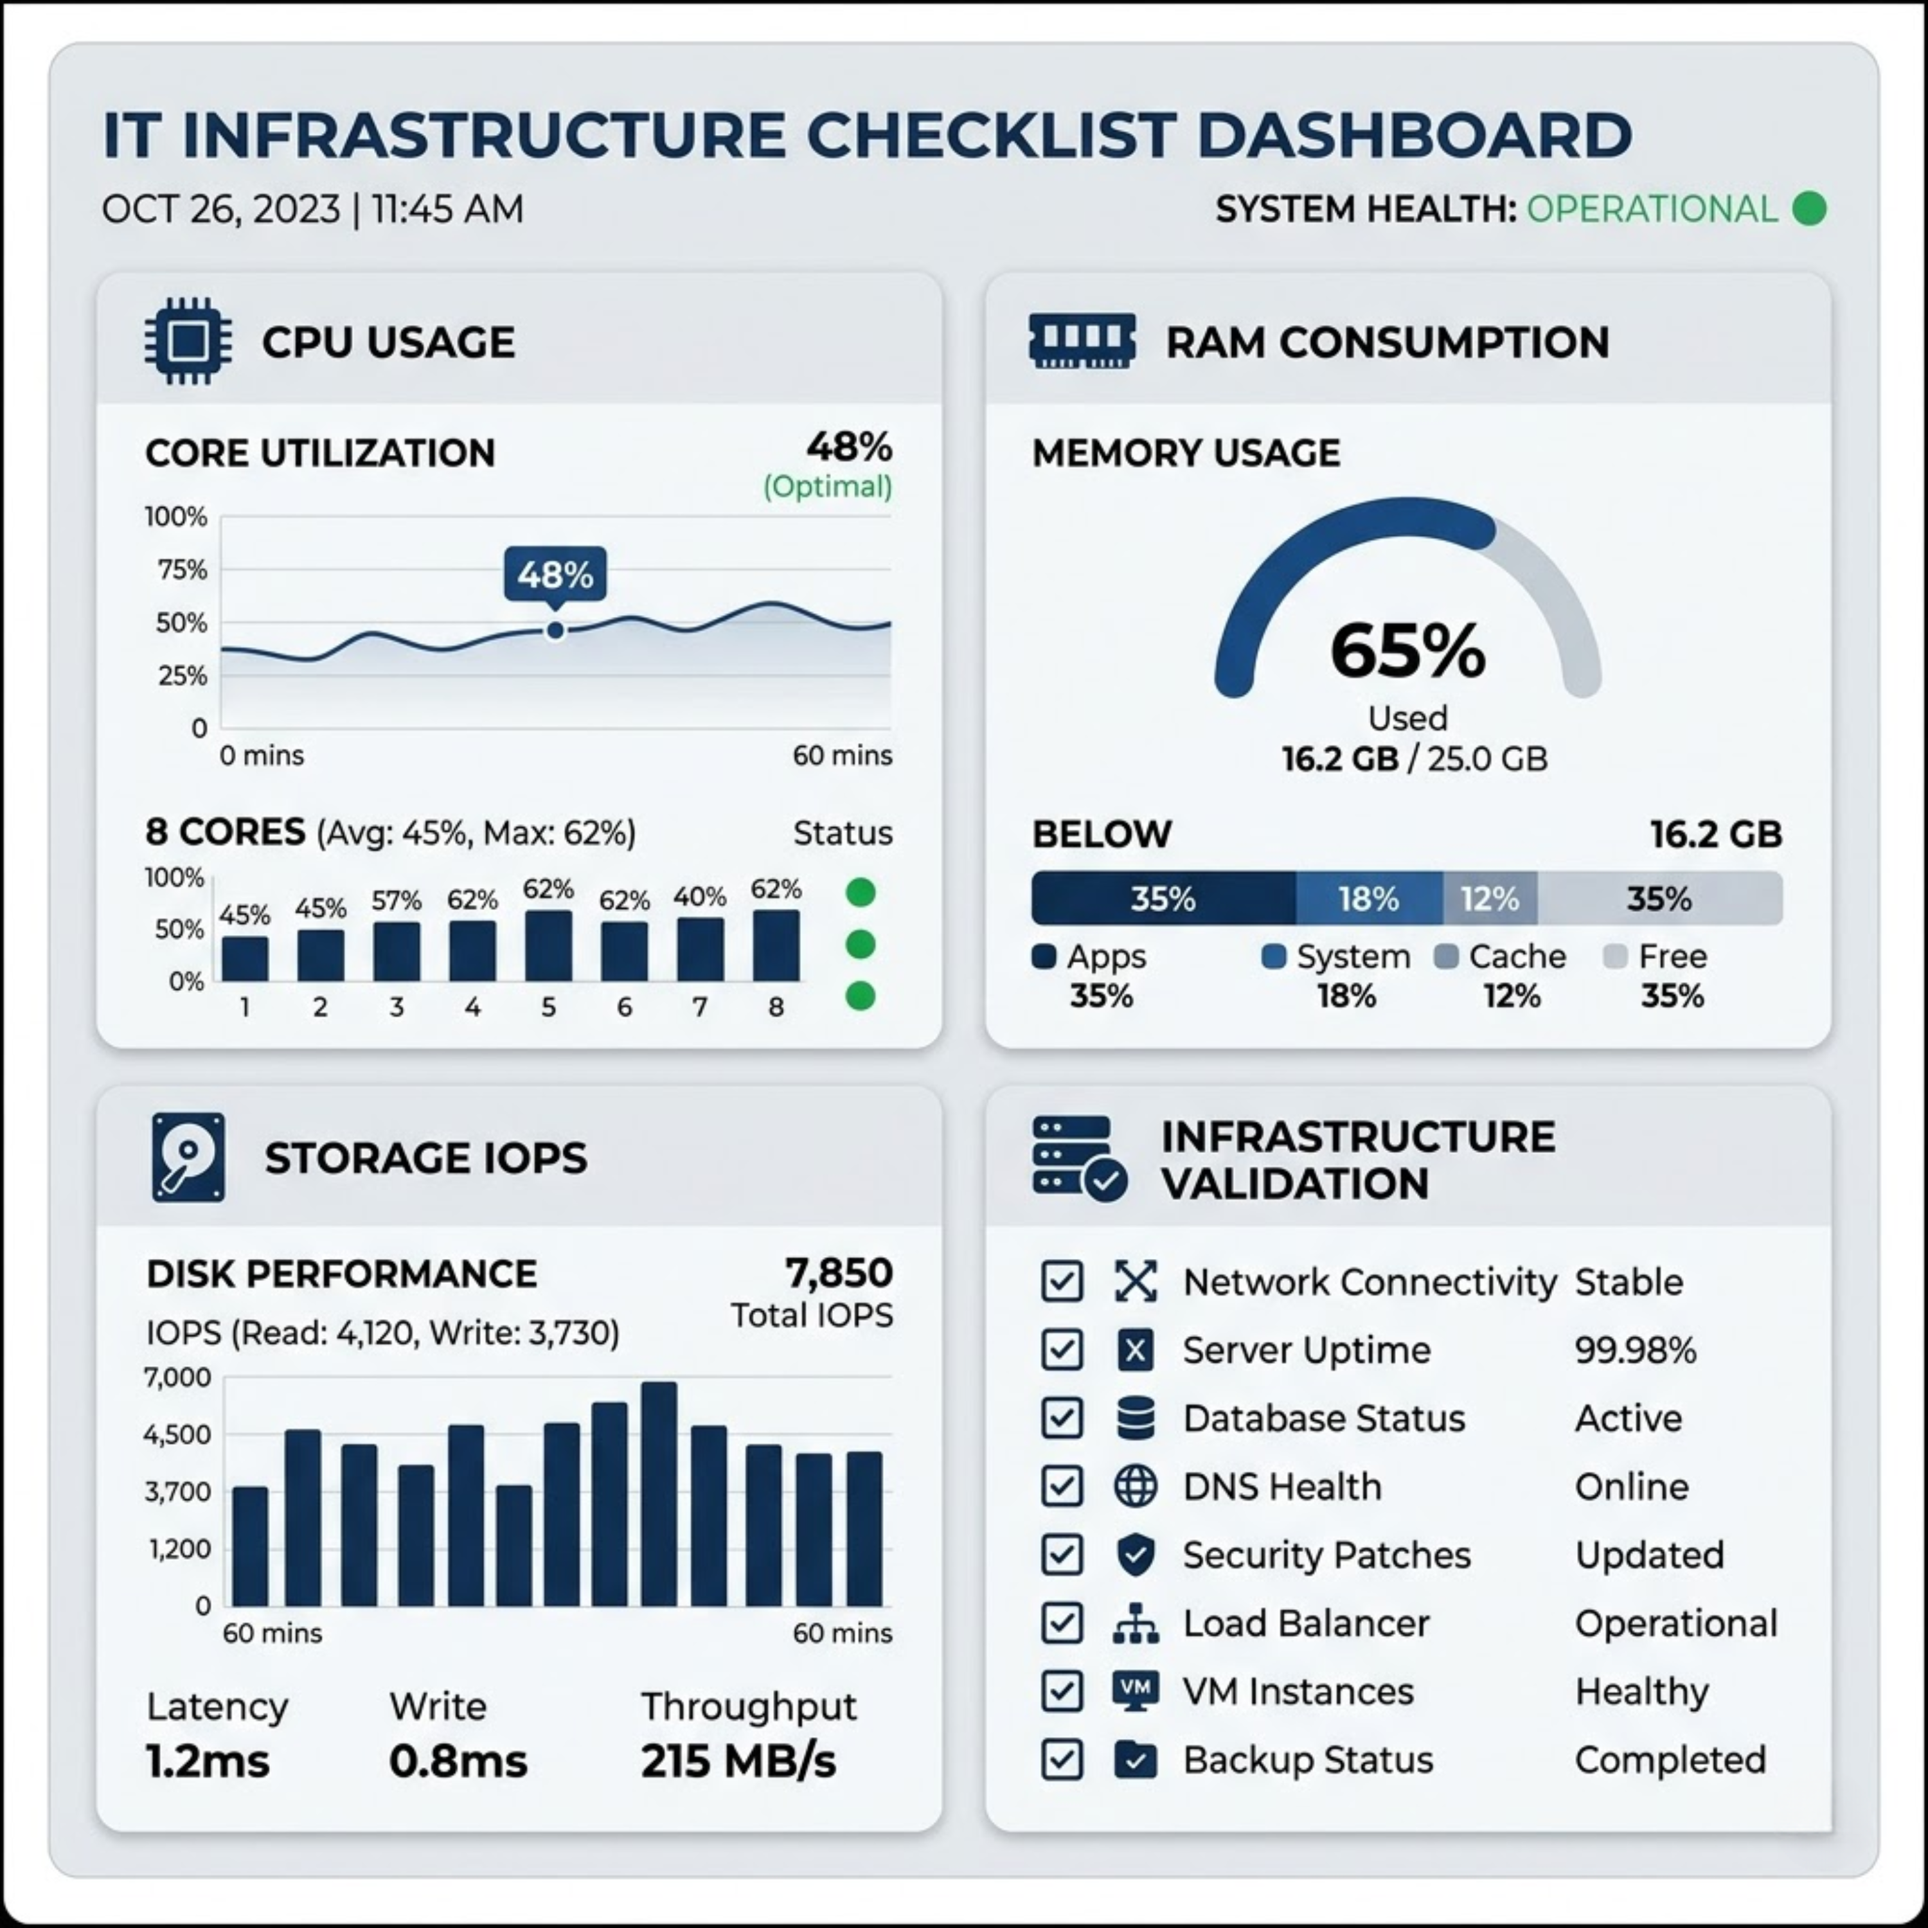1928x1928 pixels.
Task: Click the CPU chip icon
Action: coord(188,341)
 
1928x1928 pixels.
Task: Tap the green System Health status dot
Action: coord(1809,210)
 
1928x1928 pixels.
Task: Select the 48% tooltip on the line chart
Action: coord(555,575)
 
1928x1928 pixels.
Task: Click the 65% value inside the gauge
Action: coord(1407,650)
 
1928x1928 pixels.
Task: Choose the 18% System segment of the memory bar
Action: coord(1368,898)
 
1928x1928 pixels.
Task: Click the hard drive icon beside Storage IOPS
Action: coord(188,1157)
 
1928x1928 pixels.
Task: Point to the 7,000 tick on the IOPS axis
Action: coord(177,1378)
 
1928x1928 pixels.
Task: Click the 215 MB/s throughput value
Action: coord(738,1762)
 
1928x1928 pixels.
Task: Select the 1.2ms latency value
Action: coord(208,1762)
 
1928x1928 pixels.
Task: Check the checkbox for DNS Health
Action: coord(1062,1487)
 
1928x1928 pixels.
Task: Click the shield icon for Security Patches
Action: coord(1136,1555)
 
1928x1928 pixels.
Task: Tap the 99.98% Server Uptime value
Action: coord(1634,1350)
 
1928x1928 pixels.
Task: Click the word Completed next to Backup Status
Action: coord(1670,1760)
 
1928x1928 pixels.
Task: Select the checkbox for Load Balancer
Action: coord(1062,1623)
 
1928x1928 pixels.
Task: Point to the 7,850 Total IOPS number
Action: coord(838,1273)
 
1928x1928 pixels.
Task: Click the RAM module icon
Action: coord(1082,341)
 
